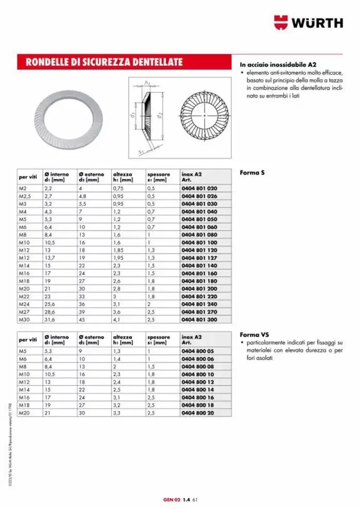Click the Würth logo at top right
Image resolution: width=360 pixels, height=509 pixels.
pos(308,22)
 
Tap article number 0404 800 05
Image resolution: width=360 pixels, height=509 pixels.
pos(197,351)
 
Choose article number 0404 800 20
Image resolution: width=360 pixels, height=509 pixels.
pos(197,412)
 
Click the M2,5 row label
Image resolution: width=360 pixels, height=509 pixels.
pos(25,196)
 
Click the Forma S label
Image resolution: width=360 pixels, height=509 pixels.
pos(252,172)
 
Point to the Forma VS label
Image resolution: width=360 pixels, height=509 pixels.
pos(254,334)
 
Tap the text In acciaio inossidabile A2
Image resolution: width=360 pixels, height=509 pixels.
pos(278,65)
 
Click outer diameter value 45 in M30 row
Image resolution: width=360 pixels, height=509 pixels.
pos(82,319)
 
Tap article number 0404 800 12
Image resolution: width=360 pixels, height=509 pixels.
pos(197,381)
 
